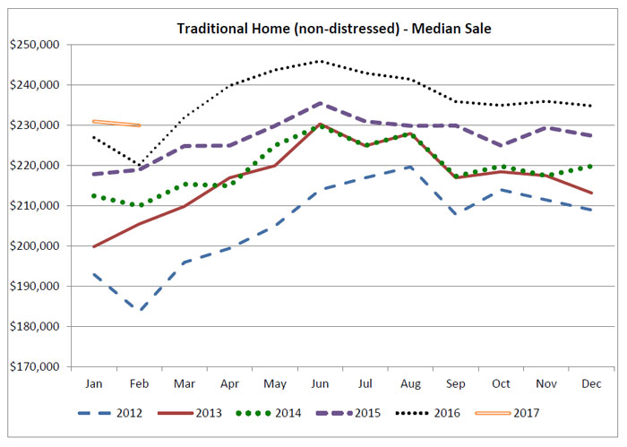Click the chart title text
click(333, 29)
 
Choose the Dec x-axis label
click(591, 383)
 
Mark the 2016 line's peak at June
click(321, 61)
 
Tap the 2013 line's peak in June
click(321, 125)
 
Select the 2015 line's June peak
click(321, 103)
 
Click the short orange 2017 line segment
click(116, 123)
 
